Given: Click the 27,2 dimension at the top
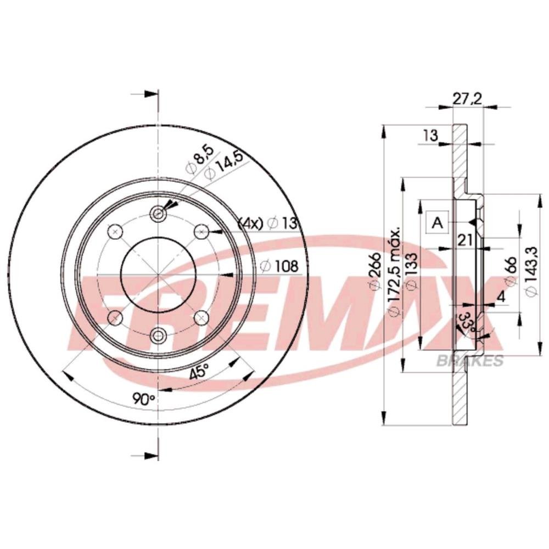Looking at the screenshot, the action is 467,99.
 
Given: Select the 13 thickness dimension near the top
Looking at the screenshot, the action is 430,135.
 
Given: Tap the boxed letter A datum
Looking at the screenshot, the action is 438,222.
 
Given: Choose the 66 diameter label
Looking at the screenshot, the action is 511,272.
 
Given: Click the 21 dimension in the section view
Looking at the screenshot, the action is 466,240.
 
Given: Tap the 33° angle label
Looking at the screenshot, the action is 466,322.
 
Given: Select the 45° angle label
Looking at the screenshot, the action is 199,371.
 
